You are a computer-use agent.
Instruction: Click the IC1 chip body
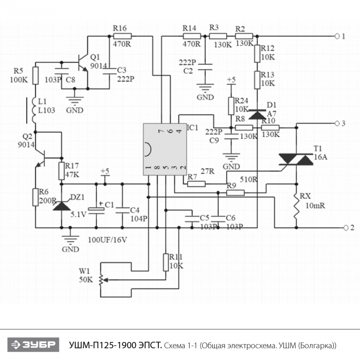click(163, 149)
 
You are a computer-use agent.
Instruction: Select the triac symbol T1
click(296, 159)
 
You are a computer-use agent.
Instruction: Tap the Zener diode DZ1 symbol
click(62, 205)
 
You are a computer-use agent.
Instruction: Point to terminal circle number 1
click(337, 36)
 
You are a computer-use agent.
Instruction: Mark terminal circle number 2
click(337, 227)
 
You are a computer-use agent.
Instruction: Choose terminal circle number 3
click(337, 123)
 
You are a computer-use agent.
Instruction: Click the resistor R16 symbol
click(122, 36)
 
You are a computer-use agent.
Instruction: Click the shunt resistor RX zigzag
click(296, 208)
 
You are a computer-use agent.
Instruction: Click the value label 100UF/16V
click(107, 240)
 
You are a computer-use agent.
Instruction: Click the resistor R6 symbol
click(35, 197)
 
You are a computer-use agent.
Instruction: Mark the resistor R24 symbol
click(231, 105)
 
